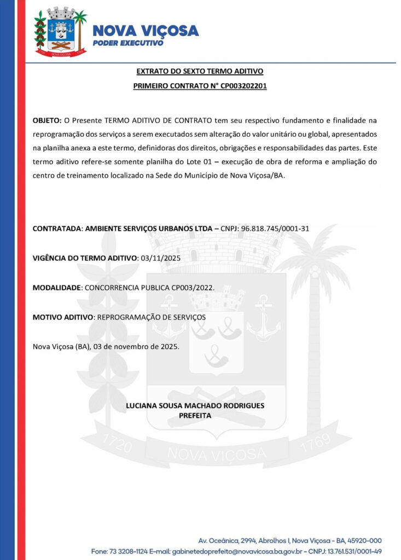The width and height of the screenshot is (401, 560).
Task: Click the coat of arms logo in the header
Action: coord(60,32)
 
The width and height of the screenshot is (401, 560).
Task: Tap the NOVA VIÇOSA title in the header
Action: coord(145,31)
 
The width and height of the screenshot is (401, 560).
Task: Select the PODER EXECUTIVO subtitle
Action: coord(128,43)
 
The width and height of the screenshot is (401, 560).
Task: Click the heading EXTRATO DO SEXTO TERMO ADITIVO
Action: coord(200,72)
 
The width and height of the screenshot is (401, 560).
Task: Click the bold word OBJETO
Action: coord(47,120)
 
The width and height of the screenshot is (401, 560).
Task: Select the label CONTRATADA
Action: coord(56,228)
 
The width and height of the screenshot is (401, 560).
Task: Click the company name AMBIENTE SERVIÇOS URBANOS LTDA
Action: coord(148,228)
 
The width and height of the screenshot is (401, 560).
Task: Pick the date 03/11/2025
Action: coord(161,258)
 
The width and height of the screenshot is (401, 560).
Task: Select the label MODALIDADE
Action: coord(56,287)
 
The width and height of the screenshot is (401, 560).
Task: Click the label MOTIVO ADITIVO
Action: coord(63,317)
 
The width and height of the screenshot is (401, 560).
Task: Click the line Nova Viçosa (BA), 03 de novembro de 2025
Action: coord(106,346)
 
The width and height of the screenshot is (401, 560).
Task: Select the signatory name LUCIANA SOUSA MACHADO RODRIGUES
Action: coord(195,406)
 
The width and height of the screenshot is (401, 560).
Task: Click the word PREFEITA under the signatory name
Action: coord(195,416)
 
